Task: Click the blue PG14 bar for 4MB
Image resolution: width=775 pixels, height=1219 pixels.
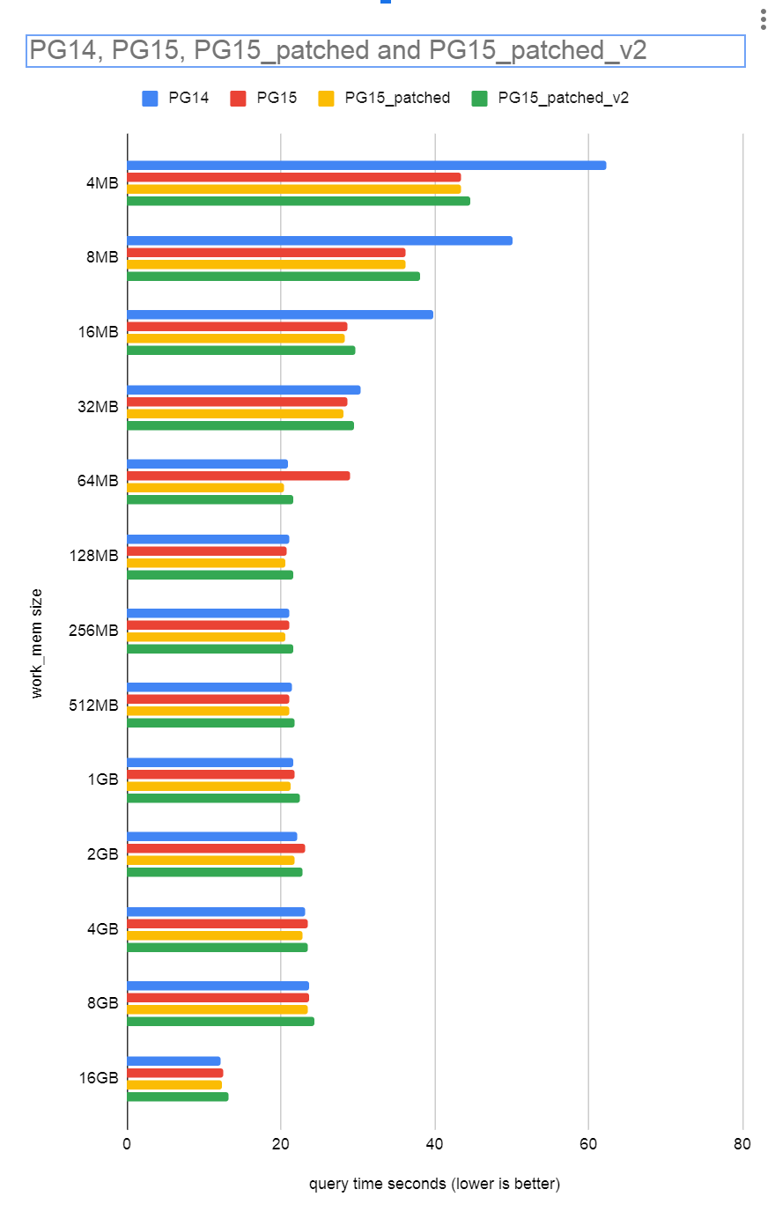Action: [366, 166]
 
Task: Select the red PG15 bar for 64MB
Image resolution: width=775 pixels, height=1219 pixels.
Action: [238, 476]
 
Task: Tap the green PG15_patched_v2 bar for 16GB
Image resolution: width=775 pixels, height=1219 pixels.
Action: [178, 1097]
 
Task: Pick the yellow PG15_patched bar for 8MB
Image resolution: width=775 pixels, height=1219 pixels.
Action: [266, 264]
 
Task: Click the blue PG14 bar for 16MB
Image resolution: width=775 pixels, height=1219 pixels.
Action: [280, 314]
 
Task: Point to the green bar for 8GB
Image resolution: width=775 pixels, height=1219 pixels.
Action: [220, 1022]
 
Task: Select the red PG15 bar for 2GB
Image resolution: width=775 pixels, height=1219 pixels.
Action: [216, 848]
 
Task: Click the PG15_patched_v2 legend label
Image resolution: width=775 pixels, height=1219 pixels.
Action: [563, 98]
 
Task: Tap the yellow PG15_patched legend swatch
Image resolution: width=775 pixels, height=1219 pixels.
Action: [327, 98]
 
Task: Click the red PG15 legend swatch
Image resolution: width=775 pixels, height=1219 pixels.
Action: [238, 98]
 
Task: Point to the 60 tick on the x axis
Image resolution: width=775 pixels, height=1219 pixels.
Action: [588, 1144]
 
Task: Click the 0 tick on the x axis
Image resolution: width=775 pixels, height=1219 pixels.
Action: [127, 1144]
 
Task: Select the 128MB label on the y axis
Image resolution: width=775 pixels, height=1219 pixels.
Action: [94, 556]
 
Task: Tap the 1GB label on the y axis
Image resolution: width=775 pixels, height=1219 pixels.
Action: [102, 779]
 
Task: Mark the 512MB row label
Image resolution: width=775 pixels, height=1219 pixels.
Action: [94, 705]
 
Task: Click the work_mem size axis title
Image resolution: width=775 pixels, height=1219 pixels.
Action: [36, 644]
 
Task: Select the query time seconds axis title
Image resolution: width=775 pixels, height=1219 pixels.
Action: [434, 1184]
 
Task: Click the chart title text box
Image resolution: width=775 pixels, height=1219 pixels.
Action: [386, 51]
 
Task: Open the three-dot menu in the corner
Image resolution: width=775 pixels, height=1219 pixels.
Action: [763, 19]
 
